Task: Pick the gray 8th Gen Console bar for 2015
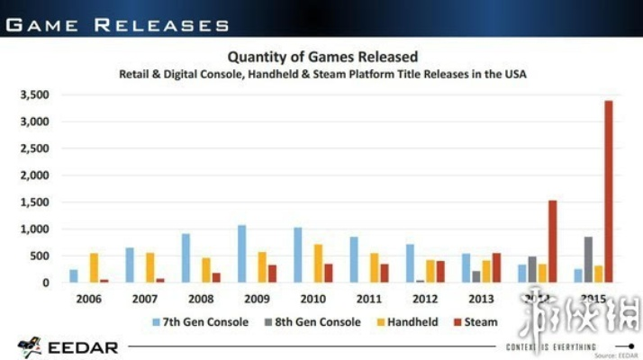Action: coord(588,260)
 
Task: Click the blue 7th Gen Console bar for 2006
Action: coord(74,276)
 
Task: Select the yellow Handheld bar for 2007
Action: coord(150,267)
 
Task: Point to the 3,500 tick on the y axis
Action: coord(33,94)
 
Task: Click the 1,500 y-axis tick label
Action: coord(33,202)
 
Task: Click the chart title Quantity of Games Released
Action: coord(321,57)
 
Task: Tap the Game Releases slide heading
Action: coord(117,24)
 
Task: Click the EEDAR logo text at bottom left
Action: coord(82,346)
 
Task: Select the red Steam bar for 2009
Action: coord(272,274)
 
